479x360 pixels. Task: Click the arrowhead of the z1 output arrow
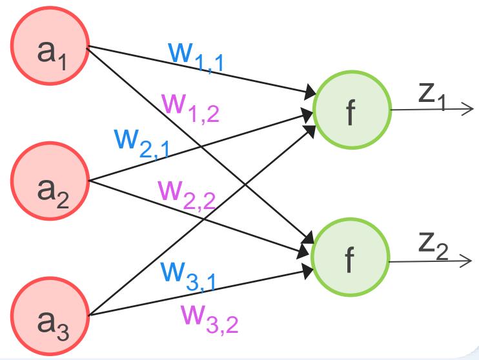pyautogui.click(x=469, y=109)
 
